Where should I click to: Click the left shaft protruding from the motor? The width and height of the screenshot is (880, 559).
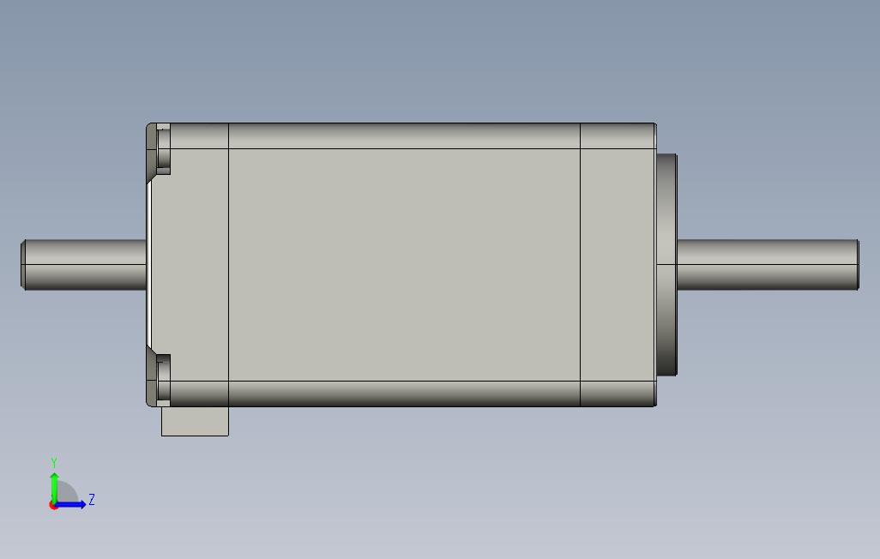point(84,265)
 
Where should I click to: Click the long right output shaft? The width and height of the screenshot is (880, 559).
point(768,265)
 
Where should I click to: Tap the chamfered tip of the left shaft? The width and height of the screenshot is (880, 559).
point(23,265)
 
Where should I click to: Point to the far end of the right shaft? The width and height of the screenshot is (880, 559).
point(858,265)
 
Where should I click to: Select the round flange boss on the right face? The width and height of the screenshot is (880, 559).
point(666,265)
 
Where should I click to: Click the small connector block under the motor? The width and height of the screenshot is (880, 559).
point(195,421)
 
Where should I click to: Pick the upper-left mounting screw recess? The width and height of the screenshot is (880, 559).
point(163,148)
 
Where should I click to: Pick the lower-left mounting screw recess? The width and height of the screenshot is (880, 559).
point(163,380)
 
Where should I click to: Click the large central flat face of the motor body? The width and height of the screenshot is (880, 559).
point(404,265)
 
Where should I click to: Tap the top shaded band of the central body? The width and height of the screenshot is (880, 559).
point(404,135)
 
